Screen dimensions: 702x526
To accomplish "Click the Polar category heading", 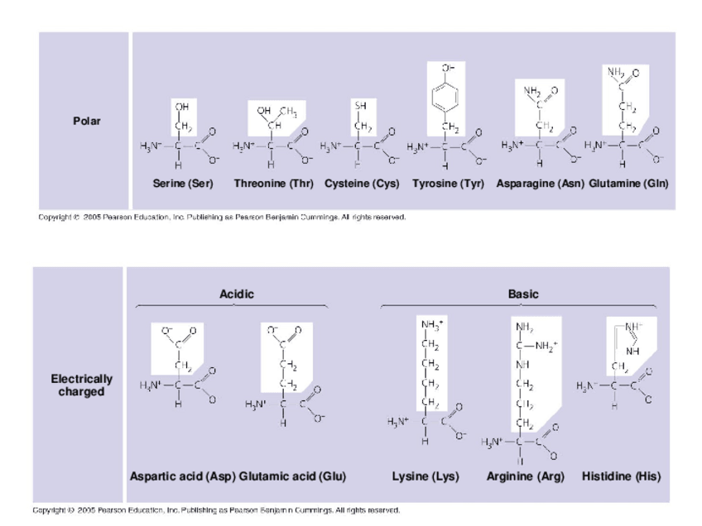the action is point(86,121).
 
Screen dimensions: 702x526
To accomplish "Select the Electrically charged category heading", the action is point(82,385).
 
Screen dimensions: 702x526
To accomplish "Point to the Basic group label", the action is point(523,294).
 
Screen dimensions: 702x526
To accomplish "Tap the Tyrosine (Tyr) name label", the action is point(448,183).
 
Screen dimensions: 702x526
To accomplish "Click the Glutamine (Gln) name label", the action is point(628,183).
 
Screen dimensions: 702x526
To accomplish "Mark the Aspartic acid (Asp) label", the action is point(183,477).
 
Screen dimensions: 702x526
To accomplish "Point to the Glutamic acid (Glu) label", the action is point(292,477).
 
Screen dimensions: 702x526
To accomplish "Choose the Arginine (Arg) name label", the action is point(525,477).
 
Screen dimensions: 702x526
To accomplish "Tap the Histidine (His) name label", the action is point(621,477).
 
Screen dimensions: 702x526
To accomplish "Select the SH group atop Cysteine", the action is point(361,107).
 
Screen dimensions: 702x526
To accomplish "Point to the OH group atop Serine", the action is point(180,107).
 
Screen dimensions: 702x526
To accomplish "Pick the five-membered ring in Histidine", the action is point(627,337).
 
